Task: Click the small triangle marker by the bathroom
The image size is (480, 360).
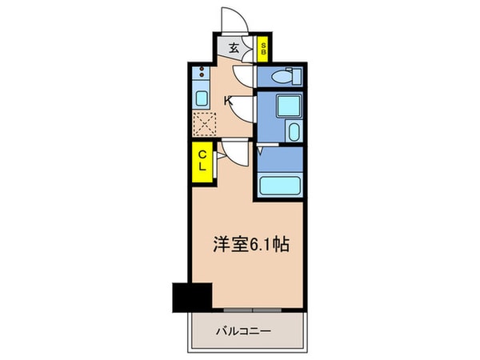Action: (x=262, y=150)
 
